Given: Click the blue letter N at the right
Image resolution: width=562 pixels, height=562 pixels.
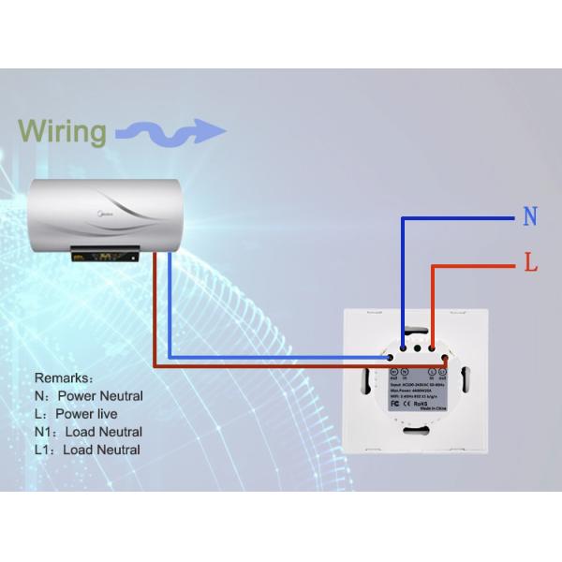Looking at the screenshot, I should [x=530, y=218].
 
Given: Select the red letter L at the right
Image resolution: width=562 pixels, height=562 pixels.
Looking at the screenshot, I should [x=531, y=265].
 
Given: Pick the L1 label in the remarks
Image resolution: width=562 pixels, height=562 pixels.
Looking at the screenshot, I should [x=43, y=450].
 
